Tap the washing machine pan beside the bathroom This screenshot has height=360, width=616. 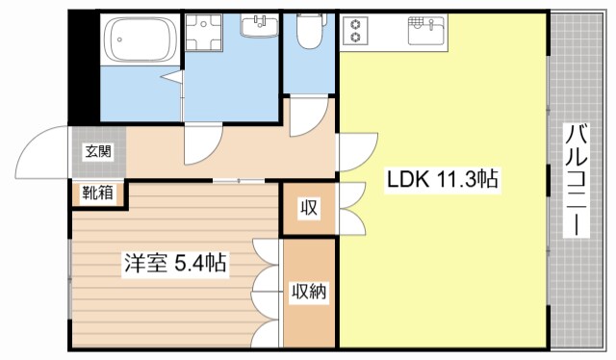point(203,39)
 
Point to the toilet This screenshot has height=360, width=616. point(309,32)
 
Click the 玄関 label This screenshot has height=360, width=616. point(97,151)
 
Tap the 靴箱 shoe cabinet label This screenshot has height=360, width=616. point(96,193)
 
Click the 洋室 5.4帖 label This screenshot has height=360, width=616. point(174,262)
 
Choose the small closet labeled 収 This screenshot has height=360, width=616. point(308,208)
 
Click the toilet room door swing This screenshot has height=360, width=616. point(306,116)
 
